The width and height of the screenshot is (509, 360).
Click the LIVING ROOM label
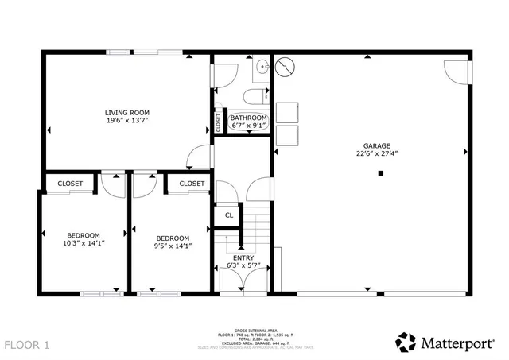click(127, 113)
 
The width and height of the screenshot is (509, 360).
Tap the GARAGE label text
click(376, 146)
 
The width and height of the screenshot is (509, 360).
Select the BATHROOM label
click(249, 118)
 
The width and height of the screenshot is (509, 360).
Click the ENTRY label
click(243, 257)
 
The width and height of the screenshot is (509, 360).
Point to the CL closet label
click(228, 215)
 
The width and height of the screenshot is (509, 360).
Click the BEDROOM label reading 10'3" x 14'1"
click(83, 235)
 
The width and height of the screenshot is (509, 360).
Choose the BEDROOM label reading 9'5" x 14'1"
click(172, 238)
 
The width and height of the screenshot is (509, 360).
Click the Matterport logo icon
click(406, 343)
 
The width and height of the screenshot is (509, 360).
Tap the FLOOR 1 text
click(27, 345)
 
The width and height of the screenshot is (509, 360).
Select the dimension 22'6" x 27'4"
click(376, 154)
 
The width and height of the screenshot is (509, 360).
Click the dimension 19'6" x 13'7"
click(127, 121)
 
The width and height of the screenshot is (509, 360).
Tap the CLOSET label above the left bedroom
click(70, 184)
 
